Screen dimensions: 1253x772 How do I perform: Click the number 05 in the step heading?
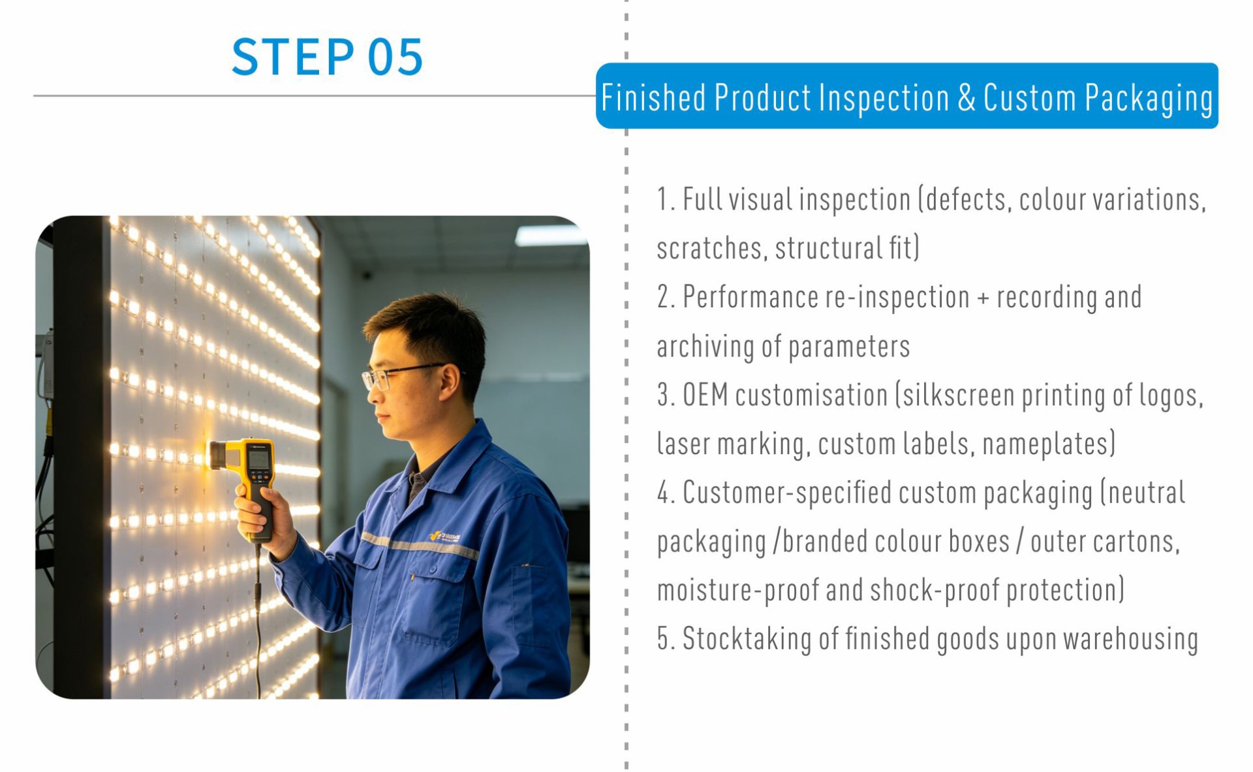(395, 57)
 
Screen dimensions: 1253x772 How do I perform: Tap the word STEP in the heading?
(293, 57)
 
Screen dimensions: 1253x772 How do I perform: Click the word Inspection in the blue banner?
(884, 99)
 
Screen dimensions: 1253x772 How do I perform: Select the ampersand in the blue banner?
(967, 99)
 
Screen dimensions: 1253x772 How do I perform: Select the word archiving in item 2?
(705, 347)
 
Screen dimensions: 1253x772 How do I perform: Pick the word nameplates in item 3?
(1049, 444)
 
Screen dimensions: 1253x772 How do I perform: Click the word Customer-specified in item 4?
(787, 493)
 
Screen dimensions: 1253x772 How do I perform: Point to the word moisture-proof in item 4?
(738, 590)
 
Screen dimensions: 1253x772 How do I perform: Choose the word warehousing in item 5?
(1131, 639)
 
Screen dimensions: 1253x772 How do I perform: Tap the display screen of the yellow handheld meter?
(259, 459)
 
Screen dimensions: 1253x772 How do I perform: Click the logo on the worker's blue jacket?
(445, 536)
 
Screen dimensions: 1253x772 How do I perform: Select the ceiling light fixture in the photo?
(551, 235)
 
